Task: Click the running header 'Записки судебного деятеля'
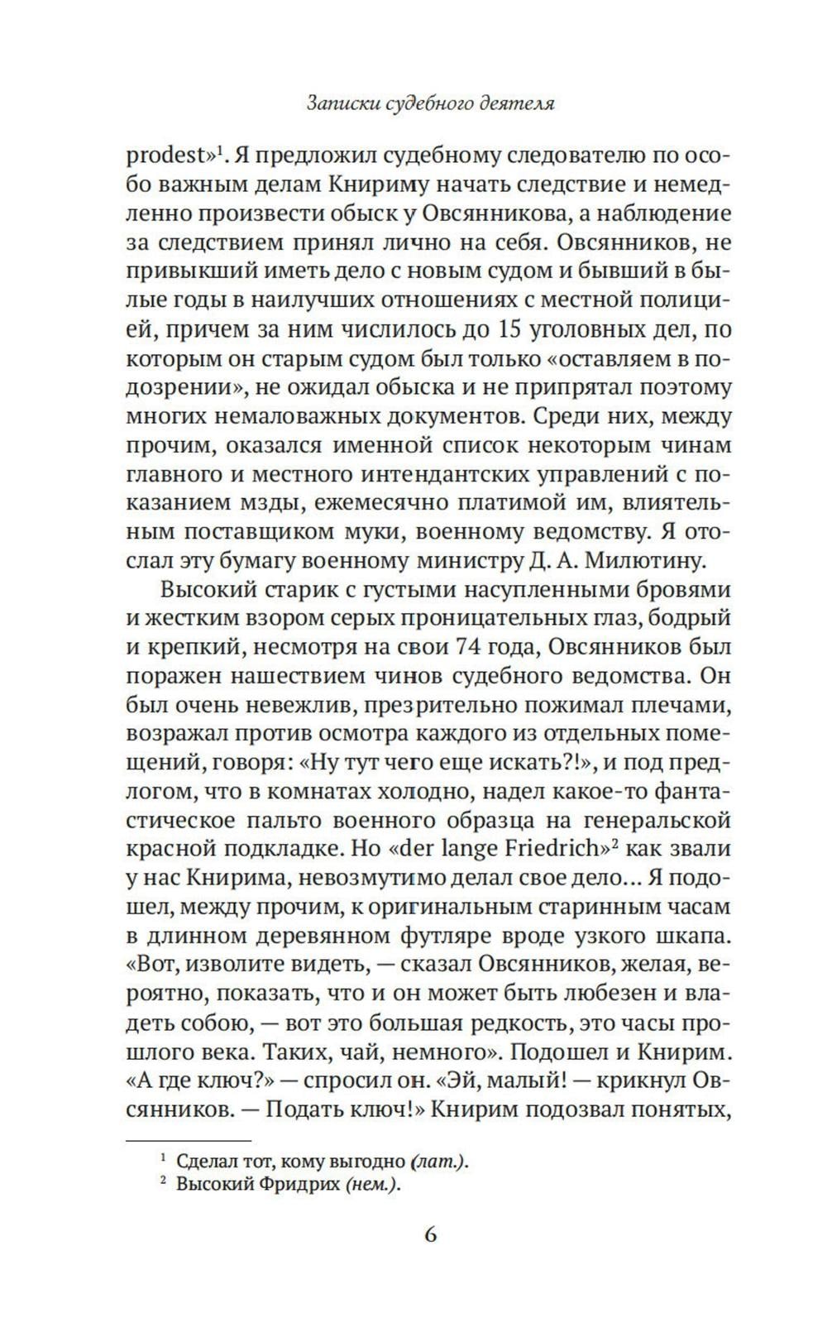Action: point(429,104)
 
